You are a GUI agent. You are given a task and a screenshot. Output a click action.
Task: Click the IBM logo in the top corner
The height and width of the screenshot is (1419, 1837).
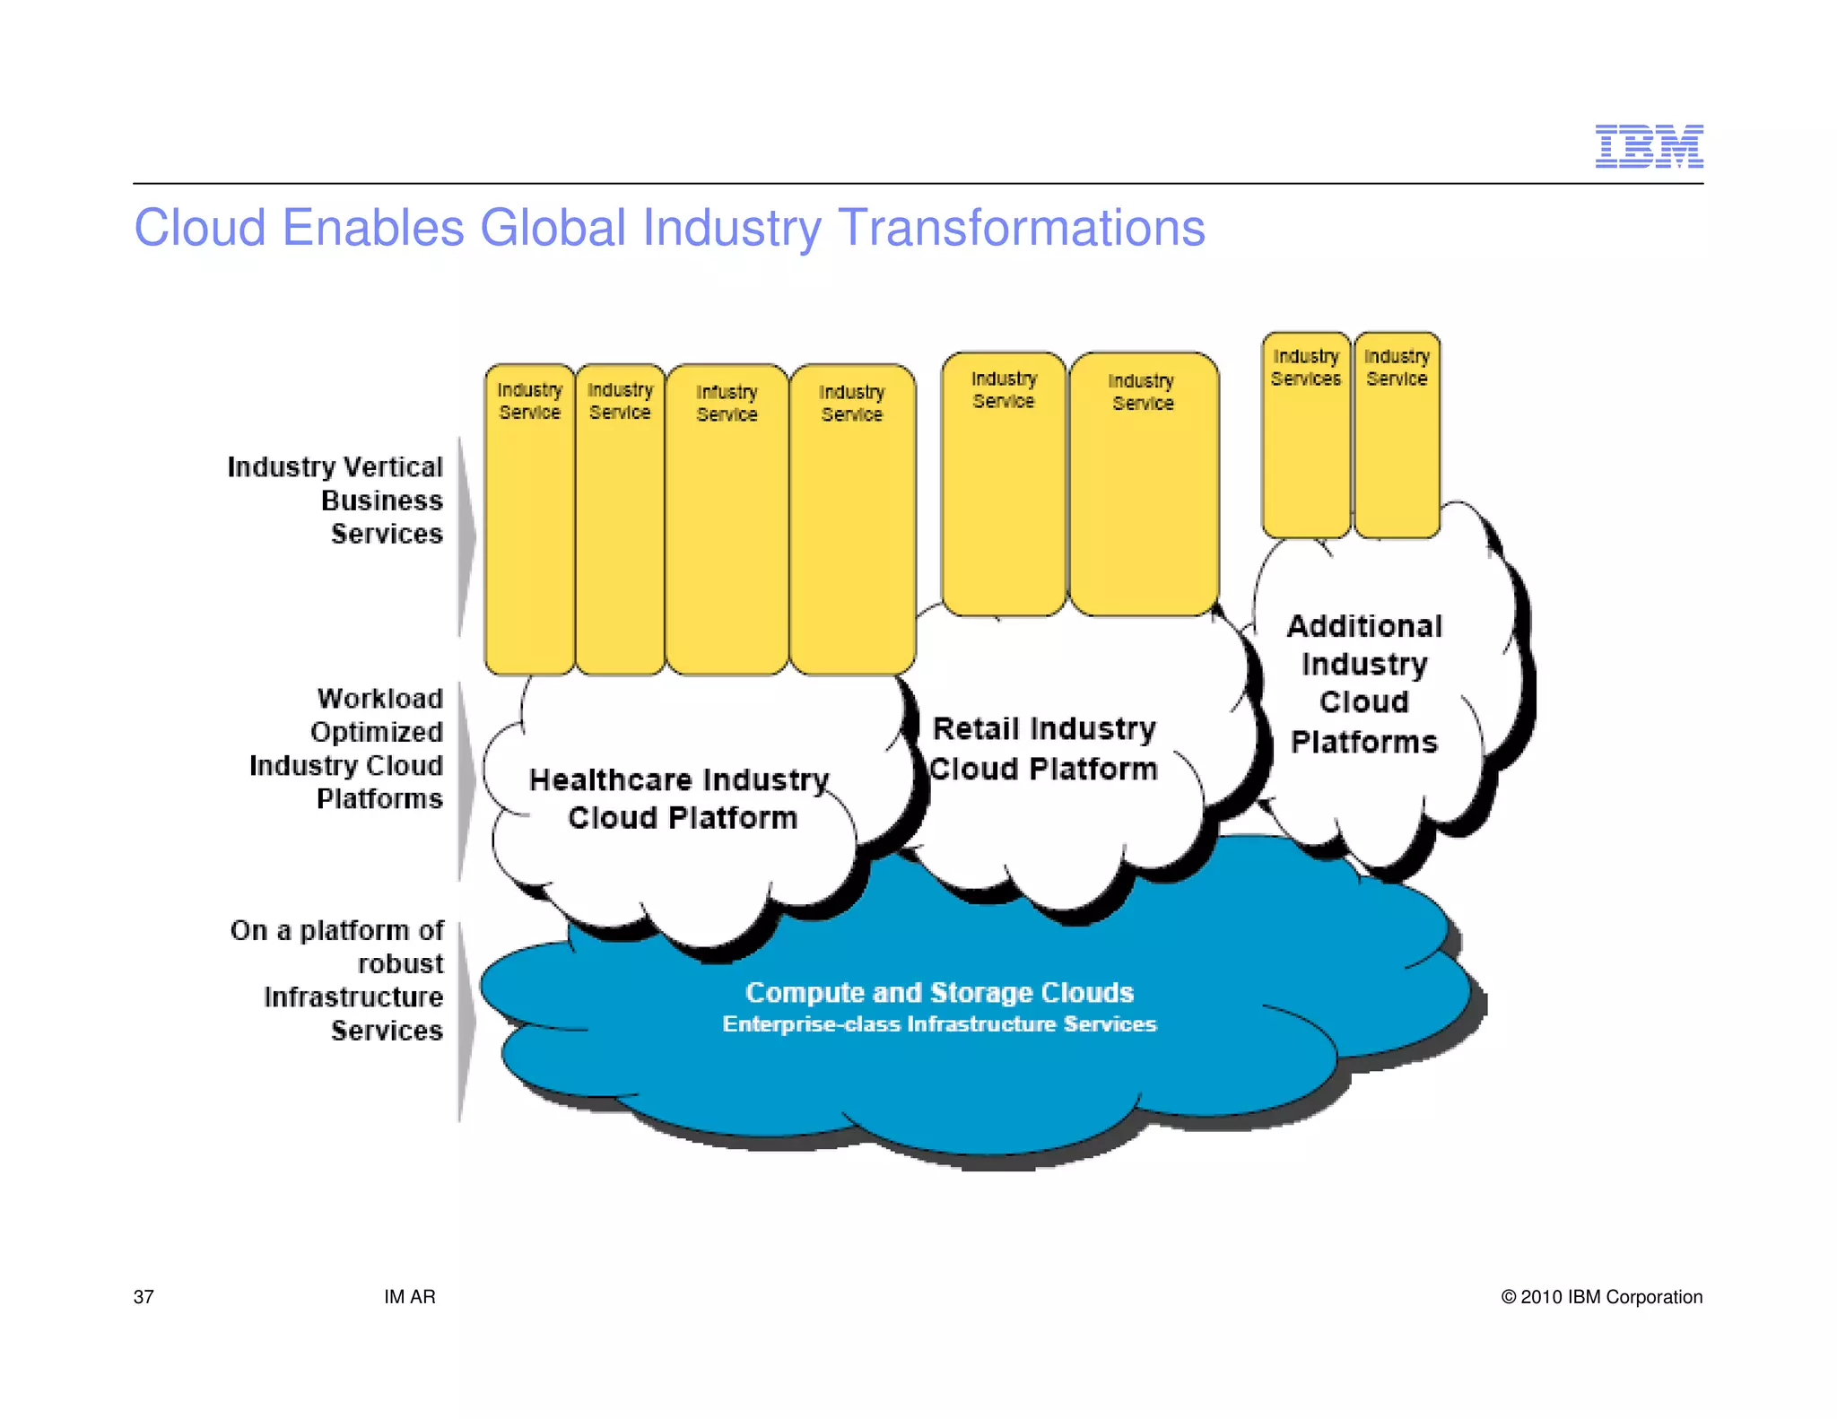coord(1648,146)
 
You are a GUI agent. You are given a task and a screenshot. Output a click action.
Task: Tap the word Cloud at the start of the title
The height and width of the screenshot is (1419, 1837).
coord(199,228)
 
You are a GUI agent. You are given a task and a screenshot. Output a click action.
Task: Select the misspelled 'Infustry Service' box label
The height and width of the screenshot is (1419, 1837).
coord(727,403)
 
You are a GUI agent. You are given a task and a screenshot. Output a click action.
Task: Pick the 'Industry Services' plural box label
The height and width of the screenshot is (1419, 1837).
coord(1305,368)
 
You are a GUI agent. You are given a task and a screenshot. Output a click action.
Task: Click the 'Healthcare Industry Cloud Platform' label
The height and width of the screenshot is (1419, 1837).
coord(680,798)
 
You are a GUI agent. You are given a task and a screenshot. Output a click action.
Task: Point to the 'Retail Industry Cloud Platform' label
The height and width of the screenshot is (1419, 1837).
coord(1044,748)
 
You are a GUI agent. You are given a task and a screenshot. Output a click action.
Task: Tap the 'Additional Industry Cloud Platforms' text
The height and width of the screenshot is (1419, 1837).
coord(1364,683)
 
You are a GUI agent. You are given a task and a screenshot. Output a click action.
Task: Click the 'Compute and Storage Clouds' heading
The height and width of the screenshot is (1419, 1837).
coord(939,992)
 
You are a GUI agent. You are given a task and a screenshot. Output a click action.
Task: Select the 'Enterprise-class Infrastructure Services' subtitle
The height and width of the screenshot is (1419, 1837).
coord(939,1024)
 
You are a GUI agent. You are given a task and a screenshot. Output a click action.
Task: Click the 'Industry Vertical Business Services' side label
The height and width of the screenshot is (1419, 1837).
coord(336,500)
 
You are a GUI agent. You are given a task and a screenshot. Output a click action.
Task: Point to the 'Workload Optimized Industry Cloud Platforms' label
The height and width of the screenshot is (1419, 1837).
coord(347,748)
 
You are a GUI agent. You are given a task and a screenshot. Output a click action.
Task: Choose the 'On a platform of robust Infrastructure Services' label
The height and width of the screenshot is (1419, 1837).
coord(338,979)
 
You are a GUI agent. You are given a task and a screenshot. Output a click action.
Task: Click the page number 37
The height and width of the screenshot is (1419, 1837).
coord(144,1297)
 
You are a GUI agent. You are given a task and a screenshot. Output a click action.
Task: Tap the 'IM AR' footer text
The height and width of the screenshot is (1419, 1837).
coord(409,1297)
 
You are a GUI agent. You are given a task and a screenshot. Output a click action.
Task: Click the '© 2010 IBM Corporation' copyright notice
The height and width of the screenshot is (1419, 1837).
coord(1601,1297)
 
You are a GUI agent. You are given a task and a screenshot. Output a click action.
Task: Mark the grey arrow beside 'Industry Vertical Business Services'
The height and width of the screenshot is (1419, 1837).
coord(466,536)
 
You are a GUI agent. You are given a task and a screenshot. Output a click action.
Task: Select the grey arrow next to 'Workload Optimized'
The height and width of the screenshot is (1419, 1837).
coord(466,780)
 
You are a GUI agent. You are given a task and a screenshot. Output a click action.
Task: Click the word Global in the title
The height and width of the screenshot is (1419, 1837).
coord(553,228)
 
